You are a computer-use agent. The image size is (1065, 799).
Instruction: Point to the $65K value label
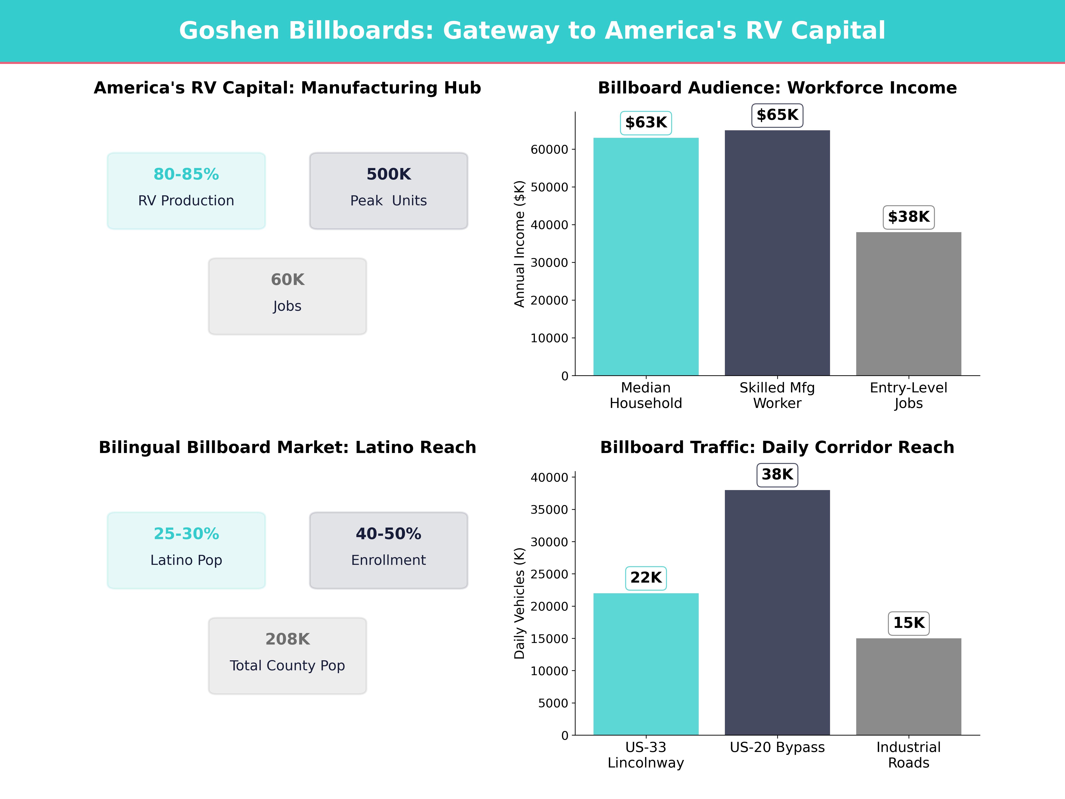click(x=777, y=115)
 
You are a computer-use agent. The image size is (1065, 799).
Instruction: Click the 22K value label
click(x=646, y=577)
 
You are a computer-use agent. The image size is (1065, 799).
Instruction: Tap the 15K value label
click(x=909, y=623)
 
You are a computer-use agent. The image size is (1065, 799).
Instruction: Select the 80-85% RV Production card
click(x=186, y=191)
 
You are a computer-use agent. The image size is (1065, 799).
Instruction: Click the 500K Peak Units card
click(x=389, y=191)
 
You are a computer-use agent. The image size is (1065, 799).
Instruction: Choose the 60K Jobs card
click(x=287, y=296)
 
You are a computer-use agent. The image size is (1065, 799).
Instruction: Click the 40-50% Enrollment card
click(x=389, y=550)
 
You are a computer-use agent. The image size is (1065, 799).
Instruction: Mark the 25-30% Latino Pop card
click(x=186, y=550)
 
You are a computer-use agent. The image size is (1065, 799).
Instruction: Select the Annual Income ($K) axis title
click(x=519, y=244)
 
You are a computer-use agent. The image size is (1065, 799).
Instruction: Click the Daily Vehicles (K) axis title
click(x=519, y=603)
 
